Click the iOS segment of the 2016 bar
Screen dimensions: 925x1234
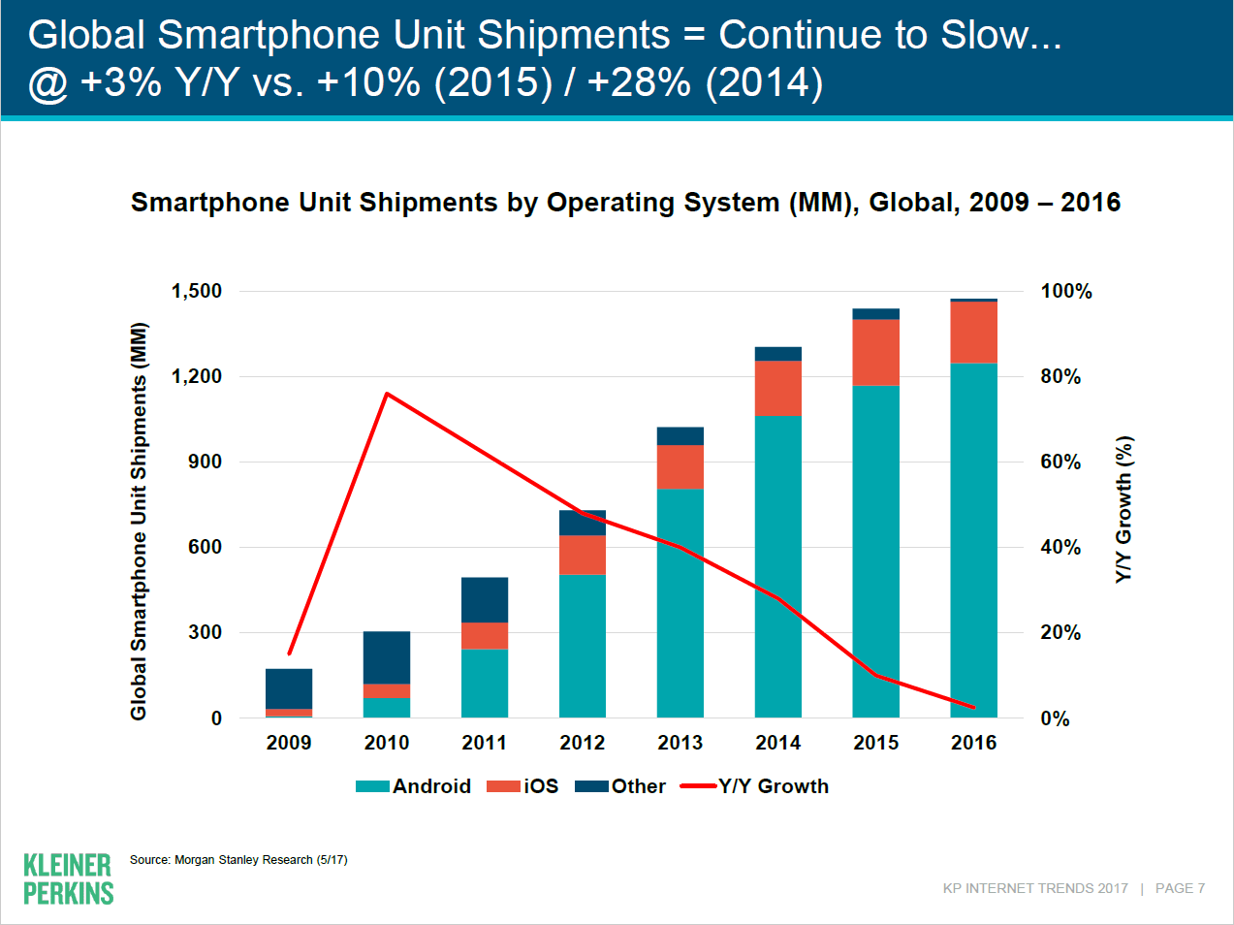coord(973,333)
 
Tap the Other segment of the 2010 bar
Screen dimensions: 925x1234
coord(386,657)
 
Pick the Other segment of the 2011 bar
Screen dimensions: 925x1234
coord(484,600)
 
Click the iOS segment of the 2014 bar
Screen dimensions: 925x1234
coord(777,389)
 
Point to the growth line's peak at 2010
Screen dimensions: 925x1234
coord(387,394)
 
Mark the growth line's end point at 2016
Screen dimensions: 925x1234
coord(973,707)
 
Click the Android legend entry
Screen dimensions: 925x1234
coord(414,786)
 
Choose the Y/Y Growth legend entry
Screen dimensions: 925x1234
coord(755,786)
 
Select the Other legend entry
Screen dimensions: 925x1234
coord(620,786)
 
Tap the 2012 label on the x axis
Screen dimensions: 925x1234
coord(582,743)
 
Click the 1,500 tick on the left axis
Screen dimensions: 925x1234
coord(197,291)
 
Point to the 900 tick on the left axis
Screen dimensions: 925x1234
coord(205,462)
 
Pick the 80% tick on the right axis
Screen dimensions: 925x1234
coord(1060,376)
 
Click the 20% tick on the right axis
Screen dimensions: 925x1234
coord(1060,632)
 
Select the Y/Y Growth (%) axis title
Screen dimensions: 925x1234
coord(1123,509)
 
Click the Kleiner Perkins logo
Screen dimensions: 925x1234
coord(68,878)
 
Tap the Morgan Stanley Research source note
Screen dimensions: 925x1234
coord(238,860)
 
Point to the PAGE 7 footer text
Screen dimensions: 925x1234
coord(1180,888)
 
